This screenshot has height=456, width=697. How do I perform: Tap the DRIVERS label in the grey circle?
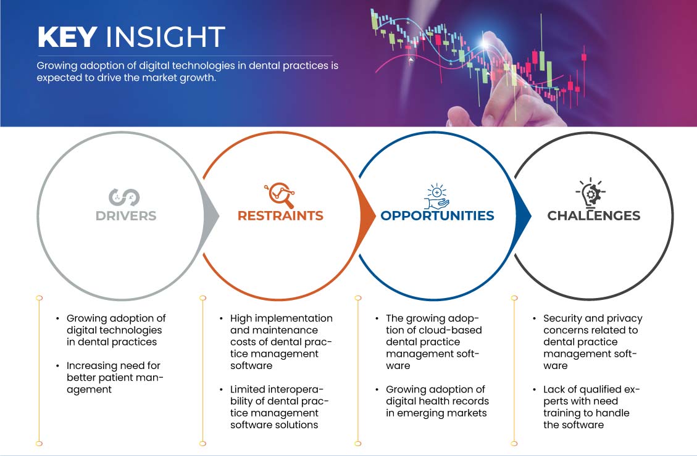pos(126,215)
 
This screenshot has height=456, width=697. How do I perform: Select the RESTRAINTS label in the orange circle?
pos(280,215)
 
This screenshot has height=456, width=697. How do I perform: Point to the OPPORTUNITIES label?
pos(438,215)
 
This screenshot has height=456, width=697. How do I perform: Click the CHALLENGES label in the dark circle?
pos(594,215)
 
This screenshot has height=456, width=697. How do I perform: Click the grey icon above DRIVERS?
pos(125,197)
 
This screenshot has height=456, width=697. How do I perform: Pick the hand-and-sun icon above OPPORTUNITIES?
pos(437,196)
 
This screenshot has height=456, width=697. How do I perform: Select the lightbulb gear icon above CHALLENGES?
pos(591,193)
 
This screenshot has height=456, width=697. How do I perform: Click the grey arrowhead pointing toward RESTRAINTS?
pos(212,216)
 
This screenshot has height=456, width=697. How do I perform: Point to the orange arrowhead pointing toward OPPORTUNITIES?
pos(368,216)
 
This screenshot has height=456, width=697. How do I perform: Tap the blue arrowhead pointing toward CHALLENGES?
pos(524,216)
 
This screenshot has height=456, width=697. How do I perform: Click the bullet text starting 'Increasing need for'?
pos(115,378)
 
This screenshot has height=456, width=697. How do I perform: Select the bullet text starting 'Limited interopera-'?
pos(279,407)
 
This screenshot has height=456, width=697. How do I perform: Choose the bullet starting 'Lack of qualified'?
pos(591,407)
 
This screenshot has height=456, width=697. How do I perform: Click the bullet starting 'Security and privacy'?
pos(593,342)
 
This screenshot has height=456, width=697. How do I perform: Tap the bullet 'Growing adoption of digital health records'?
pos(437,401)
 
